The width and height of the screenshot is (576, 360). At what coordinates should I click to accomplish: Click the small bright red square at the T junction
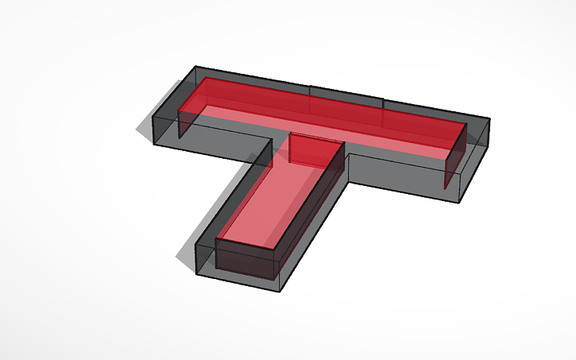point(305,149)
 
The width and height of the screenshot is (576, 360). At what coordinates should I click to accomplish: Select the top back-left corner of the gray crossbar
point(195,67)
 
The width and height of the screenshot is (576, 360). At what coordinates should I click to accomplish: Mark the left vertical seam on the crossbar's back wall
point(310,94)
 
